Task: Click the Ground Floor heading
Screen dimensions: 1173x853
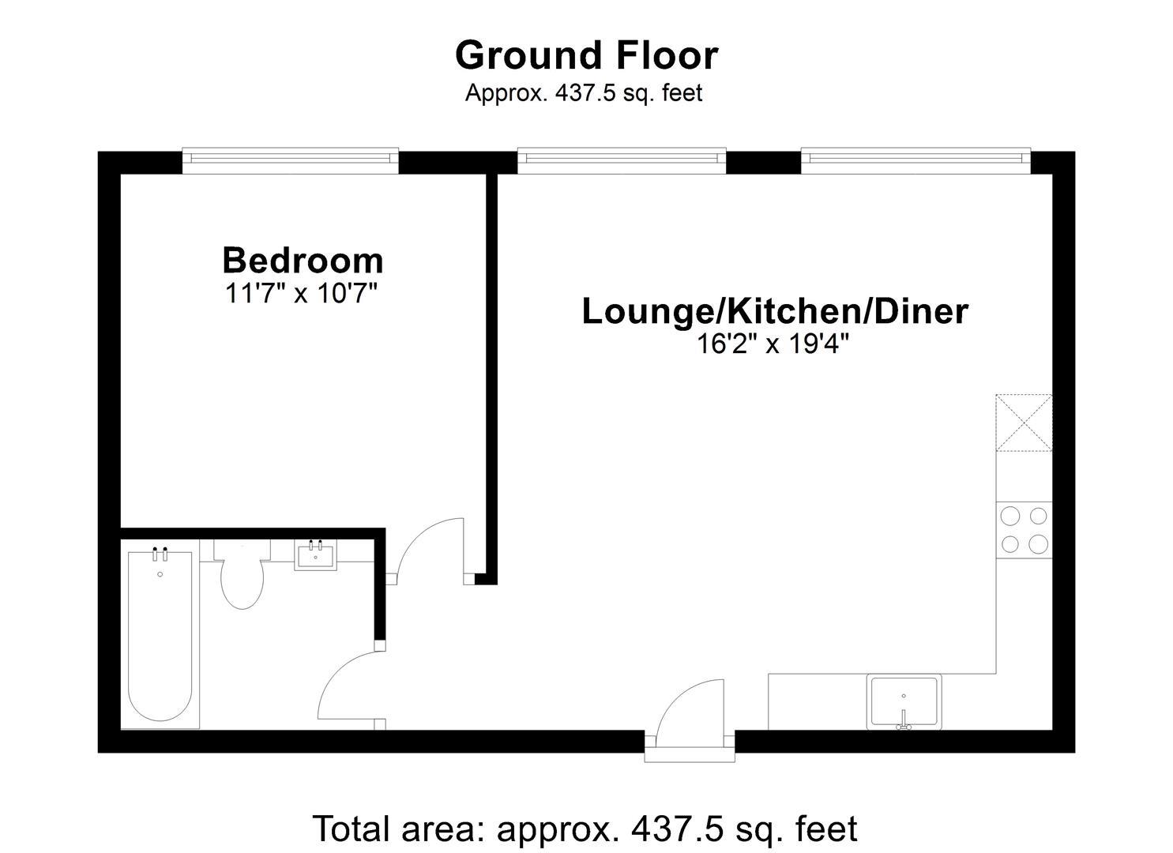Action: click(x=586, y=56)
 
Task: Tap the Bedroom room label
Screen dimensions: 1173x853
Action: click(x=303, y=261)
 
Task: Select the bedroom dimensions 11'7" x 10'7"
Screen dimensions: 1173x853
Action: click(x=301, y=293)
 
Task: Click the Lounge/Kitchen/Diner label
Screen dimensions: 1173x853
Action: click(x=775, y=311)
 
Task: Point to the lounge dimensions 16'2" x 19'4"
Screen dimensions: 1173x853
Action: click(x=773, y=344)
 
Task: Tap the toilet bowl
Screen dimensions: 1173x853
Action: click(x=242, y=584)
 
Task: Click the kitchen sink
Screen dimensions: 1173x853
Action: click(x=904, y=701)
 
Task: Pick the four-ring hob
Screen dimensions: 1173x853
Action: click(x=1024, y=530)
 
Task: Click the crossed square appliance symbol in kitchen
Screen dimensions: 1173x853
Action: click(x=1024, y=423)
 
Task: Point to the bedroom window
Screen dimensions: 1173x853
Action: click(x=290, y=161)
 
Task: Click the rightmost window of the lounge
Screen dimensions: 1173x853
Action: click(x=915, y=161)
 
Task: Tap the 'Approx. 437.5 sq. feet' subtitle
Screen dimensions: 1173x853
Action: click(x=584, y=93)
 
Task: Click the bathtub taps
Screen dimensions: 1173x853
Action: click(x=160, y=554)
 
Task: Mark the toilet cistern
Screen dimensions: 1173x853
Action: click(x=242, y=549)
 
